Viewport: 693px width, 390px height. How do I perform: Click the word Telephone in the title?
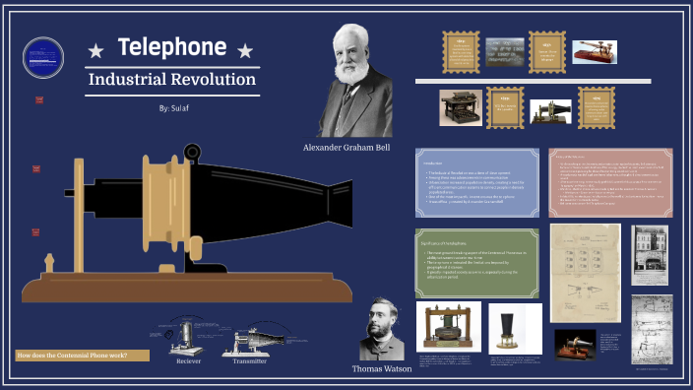[172, 47]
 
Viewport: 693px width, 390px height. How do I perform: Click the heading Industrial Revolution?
[172, 79]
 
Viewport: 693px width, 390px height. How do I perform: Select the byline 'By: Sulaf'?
[172, 107]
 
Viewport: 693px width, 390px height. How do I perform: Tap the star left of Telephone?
[95, 50]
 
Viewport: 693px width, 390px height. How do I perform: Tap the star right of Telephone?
[245, 50]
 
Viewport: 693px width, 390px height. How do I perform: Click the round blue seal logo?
[42, 56]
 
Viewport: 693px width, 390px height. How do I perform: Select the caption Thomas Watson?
[381, 368]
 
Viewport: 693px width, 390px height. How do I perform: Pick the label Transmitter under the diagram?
[249, 361]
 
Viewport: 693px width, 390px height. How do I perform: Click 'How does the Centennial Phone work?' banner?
[83, 355]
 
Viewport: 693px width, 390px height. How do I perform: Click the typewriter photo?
[460, 106]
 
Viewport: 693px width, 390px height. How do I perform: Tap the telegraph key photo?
[596, 51]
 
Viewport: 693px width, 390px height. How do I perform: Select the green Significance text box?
[475, 262]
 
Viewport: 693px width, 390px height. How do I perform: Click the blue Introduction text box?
[476, 182]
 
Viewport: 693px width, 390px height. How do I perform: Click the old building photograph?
[650, 253]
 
